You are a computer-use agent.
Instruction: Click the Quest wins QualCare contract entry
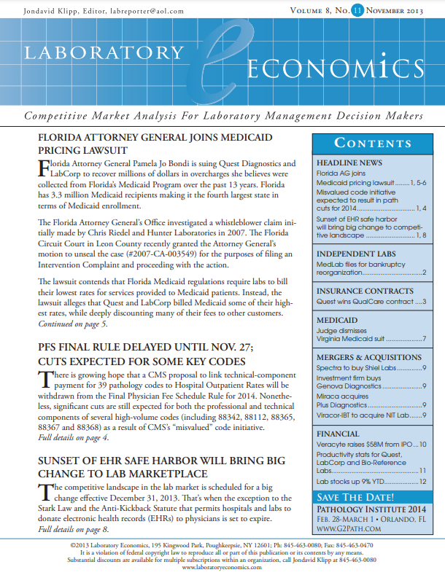point(371,301)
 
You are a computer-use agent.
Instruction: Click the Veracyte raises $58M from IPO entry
point(371,444)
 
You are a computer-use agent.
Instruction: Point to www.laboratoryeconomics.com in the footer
point(222,567)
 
